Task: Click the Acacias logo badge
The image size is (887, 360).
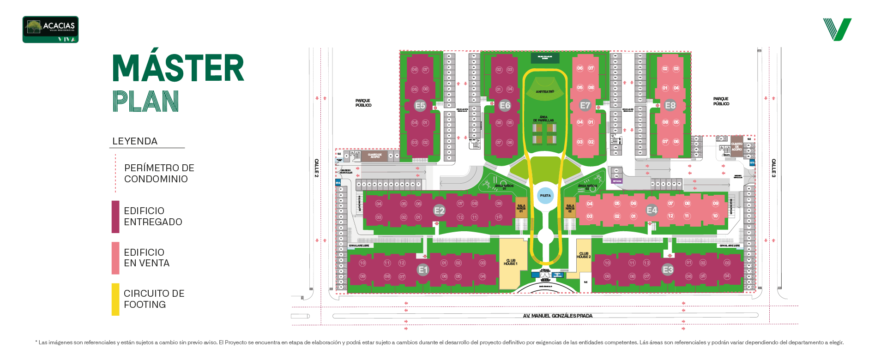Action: point(51,30)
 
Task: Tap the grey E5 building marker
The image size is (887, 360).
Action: point(420,106)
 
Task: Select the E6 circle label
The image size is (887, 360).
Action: point(505,106)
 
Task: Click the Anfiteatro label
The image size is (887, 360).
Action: point(545,92)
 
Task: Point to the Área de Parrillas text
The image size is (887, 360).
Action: point(543,119)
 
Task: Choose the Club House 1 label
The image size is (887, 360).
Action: point(511,262)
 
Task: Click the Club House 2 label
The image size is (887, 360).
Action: point(584,255)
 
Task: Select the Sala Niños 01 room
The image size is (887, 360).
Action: point(521,208)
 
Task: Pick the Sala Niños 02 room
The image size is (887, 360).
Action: point(570,208)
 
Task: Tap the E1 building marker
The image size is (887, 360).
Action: point(423,270)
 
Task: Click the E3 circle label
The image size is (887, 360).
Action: point(668,270)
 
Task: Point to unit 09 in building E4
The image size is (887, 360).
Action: point(715,204)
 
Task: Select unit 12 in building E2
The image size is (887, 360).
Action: point(460,217)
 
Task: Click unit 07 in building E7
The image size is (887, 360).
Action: point(591,68)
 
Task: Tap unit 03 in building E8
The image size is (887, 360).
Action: point(676,69)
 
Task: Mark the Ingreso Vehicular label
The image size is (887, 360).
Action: point(346,171)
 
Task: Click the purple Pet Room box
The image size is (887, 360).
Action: point(617,181)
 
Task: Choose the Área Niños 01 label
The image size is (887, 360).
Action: point(504,187)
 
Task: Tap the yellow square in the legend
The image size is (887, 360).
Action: point(118,304)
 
